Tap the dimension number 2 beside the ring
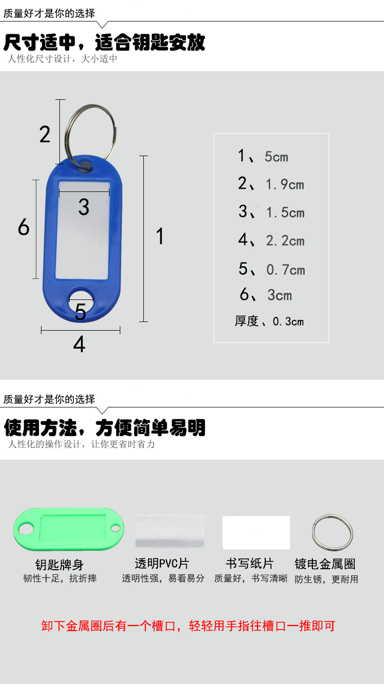tap(45, 134)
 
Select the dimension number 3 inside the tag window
tap(84, 207)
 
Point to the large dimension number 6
tap(24, 227)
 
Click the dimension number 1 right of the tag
tap(160, 236)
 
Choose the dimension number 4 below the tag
tap(79, 344)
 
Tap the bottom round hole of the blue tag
tap(81, 300)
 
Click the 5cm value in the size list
tap(276, 157)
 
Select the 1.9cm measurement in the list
tap(285, 184)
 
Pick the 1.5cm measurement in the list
tap(285, 212)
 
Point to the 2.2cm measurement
tap(285, 241)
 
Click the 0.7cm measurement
tap(286, 270)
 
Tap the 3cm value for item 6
tap(280, 295)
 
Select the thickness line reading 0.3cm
tap(269, 321)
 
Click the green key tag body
tap(69, 529)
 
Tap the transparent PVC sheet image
tap(170, 531)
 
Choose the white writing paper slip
tap(256, 532)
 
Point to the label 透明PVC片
tap(162, 564)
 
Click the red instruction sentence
tap(188, 626)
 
